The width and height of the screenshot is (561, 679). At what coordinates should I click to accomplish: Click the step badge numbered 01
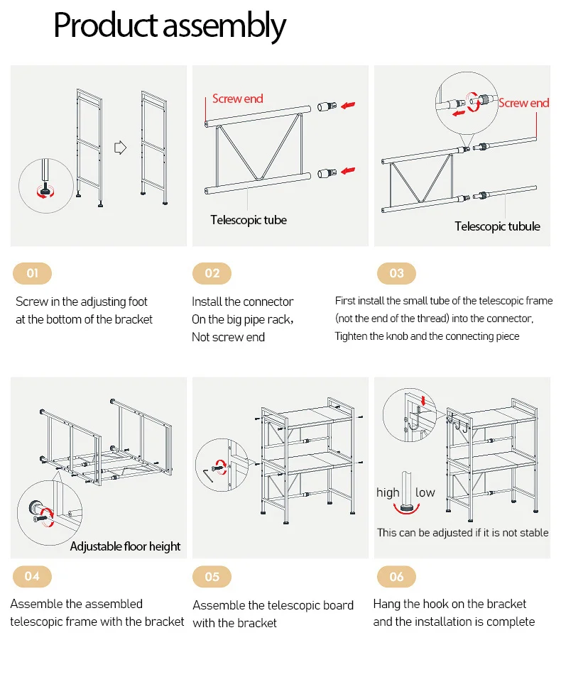(33, 273)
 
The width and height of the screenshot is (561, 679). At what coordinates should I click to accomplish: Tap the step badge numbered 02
(212, 273)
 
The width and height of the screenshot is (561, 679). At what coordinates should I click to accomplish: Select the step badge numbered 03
(396, 273)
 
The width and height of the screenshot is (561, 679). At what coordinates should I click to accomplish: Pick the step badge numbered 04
(33, 576)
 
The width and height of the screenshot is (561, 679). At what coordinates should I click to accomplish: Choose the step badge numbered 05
(212, 576)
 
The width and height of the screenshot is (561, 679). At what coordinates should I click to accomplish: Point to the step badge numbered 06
(396, 576)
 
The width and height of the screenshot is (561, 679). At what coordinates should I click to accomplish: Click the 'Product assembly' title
(170, 26)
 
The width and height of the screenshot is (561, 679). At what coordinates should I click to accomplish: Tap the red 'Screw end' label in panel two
(237, 99)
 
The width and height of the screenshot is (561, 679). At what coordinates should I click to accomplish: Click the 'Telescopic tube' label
(249, 220)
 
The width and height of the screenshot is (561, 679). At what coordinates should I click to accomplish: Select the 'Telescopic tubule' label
(497, 226)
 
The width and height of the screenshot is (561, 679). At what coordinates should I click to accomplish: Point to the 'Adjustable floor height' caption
(125, 546)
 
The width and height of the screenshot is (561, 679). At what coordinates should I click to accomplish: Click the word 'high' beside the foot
(388, 492)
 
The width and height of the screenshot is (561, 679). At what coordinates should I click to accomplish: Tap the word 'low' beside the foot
(425, 492)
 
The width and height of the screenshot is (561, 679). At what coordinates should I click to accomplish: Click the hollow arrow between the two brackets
(120, 148)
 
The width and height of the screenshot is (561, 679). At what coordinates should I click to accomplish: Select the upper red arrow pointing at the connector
(347, 106)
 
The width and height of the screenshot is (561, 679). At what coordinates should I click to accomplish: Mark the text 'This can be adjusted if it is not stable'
(462, 532)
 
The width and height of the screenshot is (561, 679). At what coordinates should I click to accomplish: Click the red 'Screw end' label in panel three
(523, 103)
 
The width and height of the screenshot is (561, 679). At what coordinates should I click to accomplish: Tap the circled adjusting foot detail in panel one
(45, 186)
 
